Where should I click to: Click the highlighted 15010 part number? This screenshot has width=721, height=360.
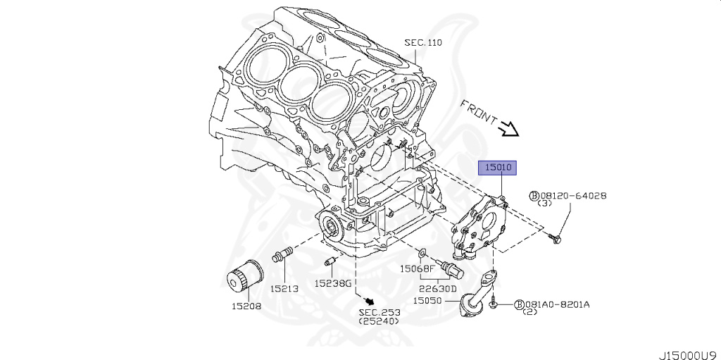(499, 168)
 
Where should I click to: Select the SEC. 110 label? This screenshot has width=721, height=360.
(422, 43)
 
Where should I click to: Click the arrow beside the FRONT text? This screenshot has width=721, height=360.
(508, 128)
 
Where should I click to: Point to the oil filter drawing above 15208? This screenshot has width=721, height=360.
(240, 275)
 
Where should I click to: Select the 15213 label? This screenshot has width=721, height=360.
(285, 288)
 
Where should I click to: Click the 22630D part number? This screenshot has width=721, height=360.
(439, 288)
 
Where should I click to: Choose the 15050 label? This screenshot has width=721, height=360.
(427, 300)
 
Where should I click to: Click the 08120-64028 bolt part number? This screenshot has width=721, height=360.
(572, 196)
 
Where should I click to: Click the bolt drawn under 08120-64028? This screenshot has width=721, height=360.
(555, 240)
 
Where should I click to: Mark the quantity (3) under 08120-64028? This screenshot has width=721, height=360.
(544, 204)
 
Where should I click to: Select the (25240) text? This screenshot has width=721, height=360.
(379, 321)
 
